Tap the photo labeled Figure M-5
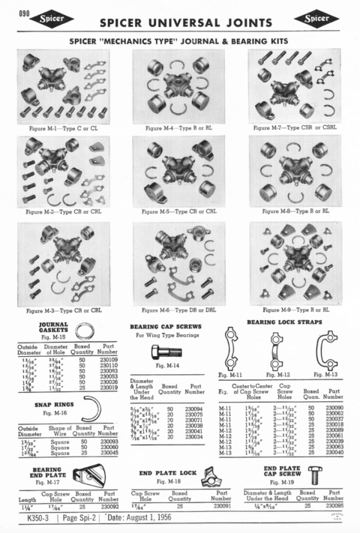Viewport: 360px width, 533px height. coord(180,171)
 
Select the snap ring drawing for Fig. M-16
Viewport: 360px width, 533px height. coord(91,409)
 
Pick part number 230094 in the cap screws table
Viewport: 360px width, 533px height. coord(194,387)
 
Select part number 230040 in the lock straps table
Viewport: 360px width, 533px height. coord(334,453)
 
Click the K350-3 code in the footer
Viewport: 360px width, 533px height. coord(37,520)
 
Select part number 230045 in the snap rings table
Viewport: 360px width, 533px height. coord(109,452)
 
